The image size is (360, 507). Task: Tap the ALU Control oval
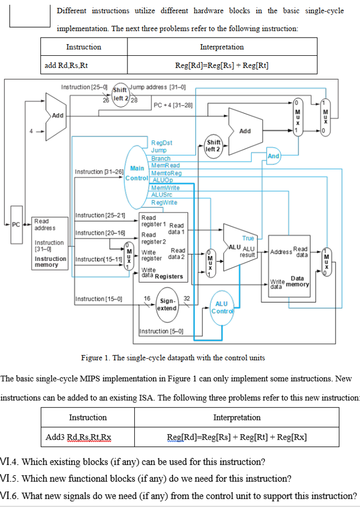click(x=221, y=307)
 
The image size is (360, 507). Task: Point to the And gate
click(x=273, y=156)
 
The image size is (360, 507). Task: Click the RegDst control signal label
click(x=161, y=143)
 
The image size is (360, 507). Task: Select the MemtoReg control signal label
click(x=166, y=173)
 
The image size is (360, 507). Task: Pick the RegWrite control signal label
click(x=164, y=202)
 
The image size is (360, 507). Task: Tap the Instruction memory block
click(x=50, y=241)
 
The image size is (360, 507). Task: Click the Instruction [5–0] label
click(x=161, y=332)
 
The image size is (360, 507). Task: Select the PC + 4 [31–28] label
click(x=173, y=105)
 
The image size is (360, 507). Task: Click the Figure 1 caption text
click(x=173, y=358)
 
